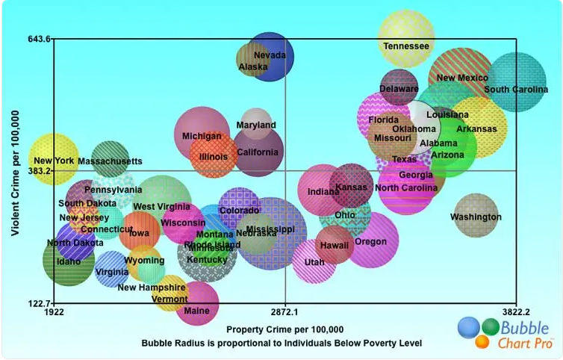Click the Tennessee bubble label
coord(406,46)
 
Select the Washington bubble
coord(476,217)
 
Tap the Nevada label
coord(270,55)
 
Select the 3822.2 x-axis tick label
coord(515,312)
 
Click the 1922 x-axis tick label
coord(55,312)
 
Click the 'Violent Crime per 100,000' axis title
coord(15,171)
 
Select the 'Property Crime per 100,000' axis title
coord(284,329)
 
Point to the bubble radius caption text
coord(281,343)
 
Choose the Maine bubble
coord(197,304)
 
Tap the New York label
coord(54,161)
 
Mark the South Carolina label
coord(516,90)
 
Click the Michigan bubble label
coord(202,137)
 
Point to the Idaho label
coord(69,261)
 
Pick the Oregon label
coord(370,242)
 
